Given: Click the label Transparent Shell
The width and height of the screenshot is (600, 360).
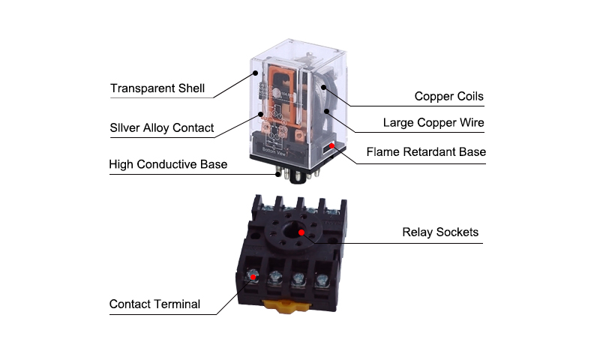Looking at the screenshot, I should coord(157,88).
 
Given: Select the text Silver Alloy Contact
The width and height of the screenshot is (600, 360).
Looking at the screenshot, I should coord(161,127).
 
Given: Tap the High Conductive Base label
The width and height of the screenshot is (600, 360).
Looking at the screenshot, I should coord(167,163).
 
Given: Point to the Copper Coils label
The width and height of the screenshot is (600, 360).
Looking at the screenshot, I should coord(448,96).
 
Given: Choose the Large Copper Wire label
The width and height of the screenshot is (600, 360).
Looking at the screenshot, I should coord(433,122).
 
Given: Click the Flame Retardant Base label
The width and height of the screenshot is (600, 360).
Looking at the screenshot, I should coord(425,151).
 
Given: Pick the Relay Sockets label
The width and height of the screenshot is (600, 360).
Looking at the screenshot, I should coord(439,232).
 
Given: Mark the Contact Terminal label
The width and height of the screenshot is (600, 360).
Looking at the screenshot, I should coord(154,304).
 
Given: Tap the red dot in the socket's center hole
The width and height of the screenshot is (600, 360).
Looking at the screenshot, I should coord(301,232).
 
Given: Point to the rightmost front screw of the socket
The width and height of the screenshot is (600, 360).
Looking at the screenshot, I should coord(322,280).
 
